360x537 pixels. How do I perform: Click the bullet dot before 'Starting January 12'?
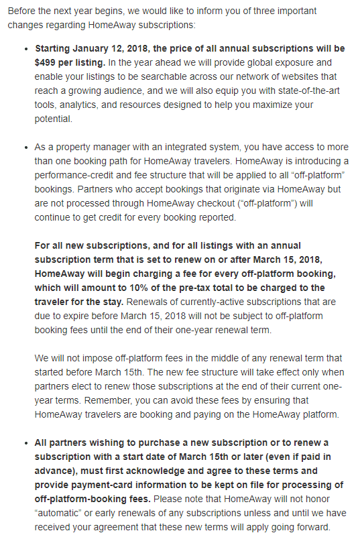(x=25, y=50)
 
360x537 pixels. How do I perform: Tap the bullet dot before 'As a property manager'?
(x=25, y=147)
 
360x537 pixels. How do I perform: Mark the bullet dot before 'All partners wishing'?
(x=25, y=443)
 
